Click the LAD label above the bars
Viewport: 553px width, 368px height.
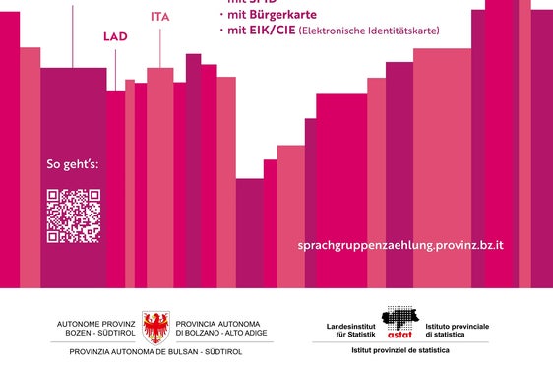pos(115,36)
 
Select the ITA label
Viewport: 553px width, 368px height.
pos(159,17)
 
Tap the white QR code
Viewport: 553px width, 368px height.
pos(74,215)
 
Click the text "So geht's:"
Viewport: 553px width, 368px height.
pos(73,164)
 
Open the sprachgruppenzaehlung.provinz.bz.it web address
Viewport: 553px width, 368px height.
pos(399,244)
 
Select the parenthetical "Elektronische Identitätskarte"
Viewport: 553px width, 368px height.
pos(370,31)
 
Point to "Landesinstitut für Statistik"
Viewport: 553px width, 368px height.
pos(351,330)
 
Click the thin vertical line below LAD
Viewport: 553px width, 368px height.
pos(115,68)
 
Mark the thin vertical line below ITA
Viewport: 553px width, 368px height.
pos(159,46)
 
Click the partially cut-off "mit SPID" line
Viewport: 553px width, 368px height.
pos(252,3)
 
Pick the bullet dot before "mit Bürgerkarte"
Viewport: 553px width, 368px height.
pos(221,16)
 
